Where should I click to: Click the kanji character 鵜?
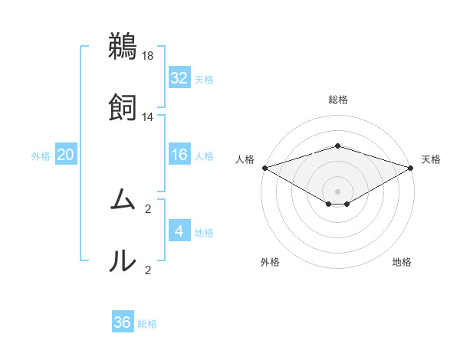(x=123, y=46)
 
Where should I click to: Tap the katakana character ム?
(x=123, y=201)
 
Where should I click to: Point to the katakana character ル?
(x=123, y=261)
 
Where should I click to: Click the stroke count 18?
(x=148, y=56)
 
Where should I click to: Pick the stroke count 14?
(x=148, y=117)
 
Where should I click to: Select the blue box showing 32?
(x=179, y=78)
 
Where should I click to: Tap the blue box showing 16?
(x=179, y=155)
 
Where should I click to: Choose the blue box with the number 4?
(x=179, y=231)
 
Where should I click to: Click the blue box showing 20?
(x=65, y=155)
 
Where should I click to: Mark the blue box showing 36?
(x=123, y=322)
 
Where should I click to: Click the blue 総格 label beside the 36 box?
(x=147, y=324)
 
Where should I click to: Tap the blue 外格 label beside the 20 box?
(x=41, y=156)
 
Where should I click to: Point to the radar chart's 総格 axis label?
(x=338, y=100)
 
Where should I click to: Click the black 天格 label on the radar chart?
(x=431, y=159)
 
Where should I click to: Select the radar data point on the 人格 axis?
(x=264, y=167)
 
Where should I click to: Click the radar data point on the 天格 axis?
(x=412, y=167)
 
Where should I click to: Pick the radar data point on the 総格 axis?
(x=338, y=146)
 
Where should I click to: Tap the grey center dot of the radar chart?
(x=338, y=191)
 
